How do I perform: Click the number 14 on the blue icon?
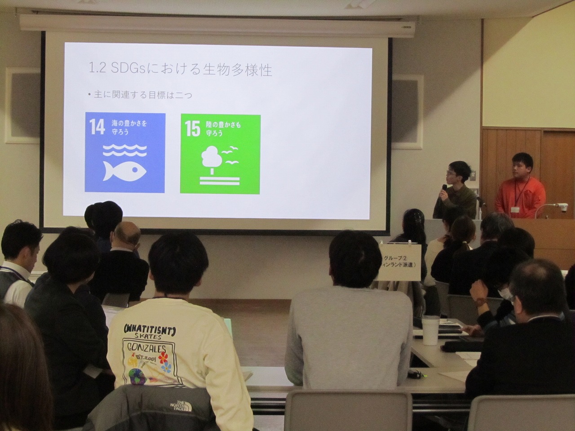coord(97,127)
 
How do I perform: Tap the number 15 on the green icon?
coord(192,129)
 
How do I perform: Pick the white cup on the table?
coord(430,330)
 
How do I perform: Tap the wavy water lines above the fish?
coord(124,150)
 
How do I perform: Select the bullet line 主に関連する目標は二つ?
coord(141,95)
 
